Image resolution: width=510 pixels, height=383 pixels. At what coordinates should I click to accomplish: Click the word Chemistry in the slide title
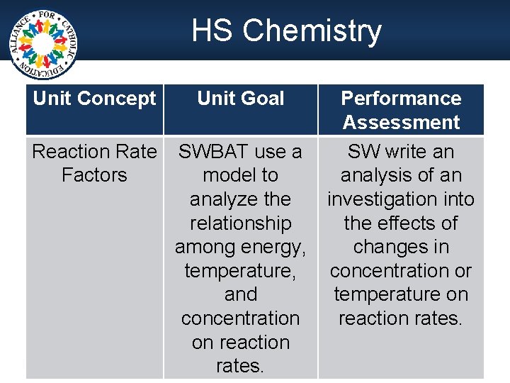click(x=312, y=31)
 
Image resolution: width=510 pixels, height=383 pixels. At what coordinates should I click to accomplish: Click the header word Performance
click(x=401, y=98)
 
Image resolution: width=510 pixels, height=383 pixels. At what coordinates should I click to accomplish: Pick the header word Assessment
click(x=401, y=122)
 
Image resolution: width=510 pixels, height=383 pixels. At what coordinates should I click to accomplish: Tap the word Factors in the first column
click(x=94, y=175)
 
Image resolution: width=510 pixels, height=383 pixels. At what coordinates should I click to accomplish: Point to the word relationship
click(x=241, y=223)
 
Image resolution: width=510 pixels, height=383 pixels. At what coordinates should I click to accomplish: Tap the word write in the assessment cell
click(x=411, y=152)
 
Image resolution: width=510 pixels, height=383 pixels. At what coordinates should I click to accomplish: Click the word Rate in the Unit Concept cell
click(x=140, y=152)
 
